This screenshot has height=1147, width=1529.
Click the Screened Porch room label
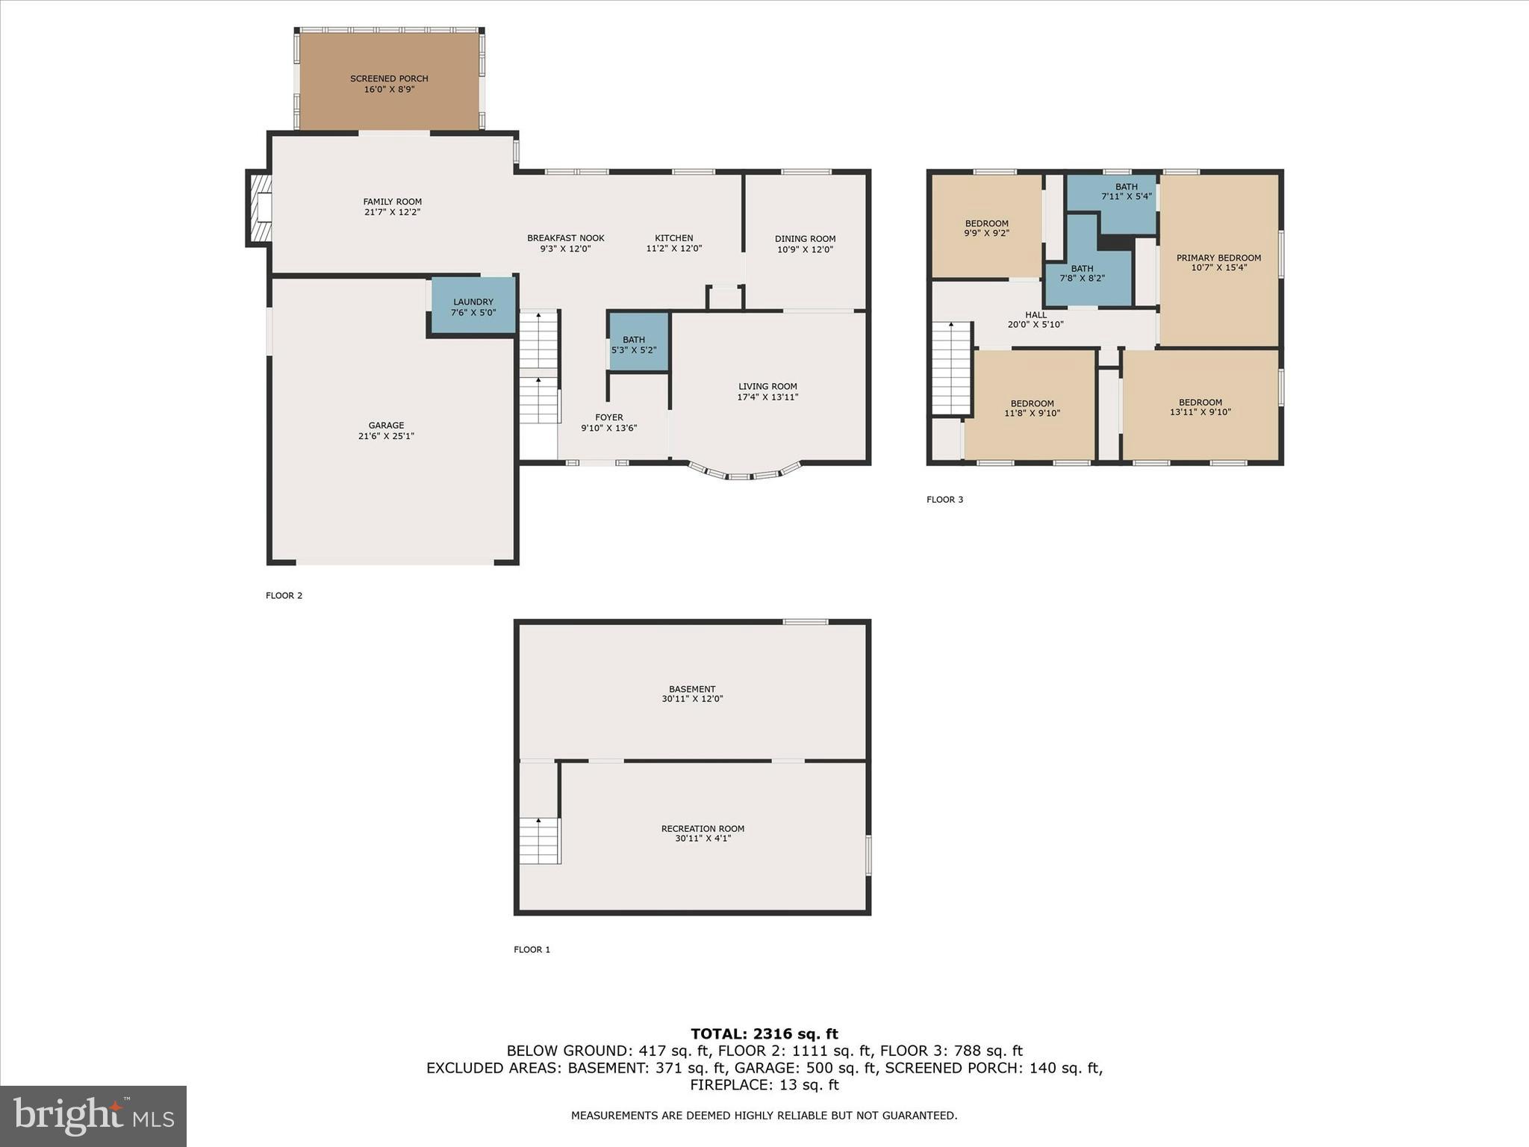[x=389, y=78]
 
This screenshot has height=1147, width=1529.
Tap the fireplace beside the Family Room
[x=260, y=208]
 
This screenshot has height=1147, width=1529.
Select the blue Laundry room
[x=473, y=306]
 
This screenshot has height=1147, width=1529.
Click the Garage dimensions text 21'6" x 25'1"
[x=386, y=436]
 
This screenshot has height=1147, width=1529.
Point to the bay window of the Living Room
[x=745, y=473]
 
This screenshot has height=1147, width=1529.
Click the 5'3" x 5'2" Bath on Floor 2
[x=637, y=344]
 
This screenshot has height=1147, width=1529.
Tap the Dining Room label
[x=805, y=239]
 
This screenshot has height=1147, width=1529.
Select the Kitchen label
[x=674, y=238]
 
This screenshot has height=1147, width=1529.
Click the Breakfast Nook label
[x=566, y=238]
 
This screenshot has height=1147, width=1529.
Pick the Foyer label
[x=609, y=417]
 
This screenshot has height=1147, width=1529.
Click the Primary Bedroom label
[x=1218, y=258]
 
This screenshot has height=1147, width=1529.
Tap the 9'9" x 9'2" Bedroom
[x=986, y=227]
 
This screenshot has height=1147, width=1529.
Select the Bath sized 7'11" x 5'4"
[x=1126, y=192]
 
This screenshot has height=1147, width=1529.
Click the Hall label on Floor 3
[x=1036, y=315]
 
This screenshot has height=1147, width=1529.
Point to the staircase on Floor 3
[x=951, y=367]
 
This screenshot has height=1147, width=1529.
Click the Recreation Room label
[x=703, y=828]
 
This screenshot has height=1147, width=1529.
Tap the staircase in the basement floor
[x=539, y=841]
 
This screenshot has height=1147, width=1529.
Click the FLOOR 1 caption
[x=532, y=950]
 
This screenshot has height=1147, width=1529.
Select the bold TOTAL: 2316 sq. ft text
[x=764, y=1034]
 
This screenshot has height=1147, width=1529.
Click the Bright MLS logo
[x=93, y=1116]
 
